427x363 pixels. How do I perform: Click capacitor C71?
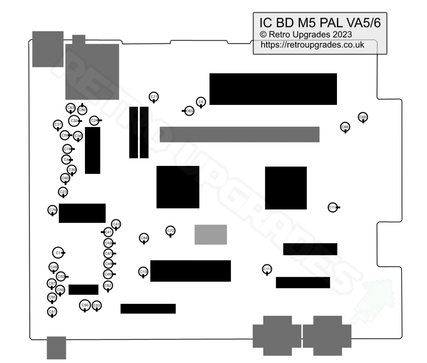pos(154,97)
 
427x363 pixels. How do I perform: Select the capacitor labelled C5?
pos(201,102)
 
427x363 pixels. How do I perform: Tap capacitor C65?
pos(189,111)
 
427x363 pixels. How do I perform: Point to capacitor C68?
pos(363,117)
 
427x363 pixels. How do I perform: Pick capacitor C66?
pos(345,127)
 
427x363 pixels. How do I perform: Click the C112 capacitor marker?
pos(332,207)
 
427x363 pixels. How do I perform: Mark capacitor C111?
pos(267,269)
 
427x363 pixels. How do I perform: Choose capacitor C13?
pos(143,272)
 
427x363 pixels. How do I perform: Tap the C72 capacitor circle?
pos(171,230)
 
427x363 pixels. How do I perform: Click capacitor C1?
pos(58,253)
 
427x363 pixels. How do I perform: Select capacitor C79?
pos(53,210)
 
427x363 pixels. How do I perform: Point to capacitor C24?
pos(95,120)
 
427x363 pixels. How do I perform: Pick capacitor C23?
pos(63,192)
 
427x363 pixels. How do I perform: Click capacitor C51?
pos(52,311)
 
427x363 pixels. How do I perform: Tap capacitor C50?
pos(85,305)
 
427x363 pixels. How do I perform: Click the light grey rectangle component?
pos(211,235)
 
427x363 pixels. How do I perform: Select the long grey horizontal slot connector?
pos(239,134)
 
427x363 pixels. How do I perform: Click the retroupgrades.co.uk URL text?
pos(312,45)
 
